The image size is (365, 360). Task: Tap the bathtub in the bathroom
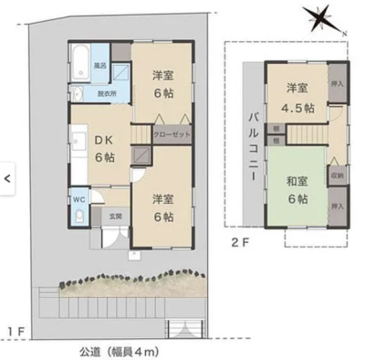click(x=79, y=60)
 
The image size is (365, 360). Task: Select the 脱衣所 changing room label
click(x=107, y=93)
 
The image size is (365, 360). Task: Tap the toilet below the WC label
click(x=79, y=217)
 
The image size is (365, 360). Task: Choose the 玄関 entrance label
click(x=117, y=216)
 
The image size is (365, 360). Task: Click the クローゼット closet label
click(x=171, y=134)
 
